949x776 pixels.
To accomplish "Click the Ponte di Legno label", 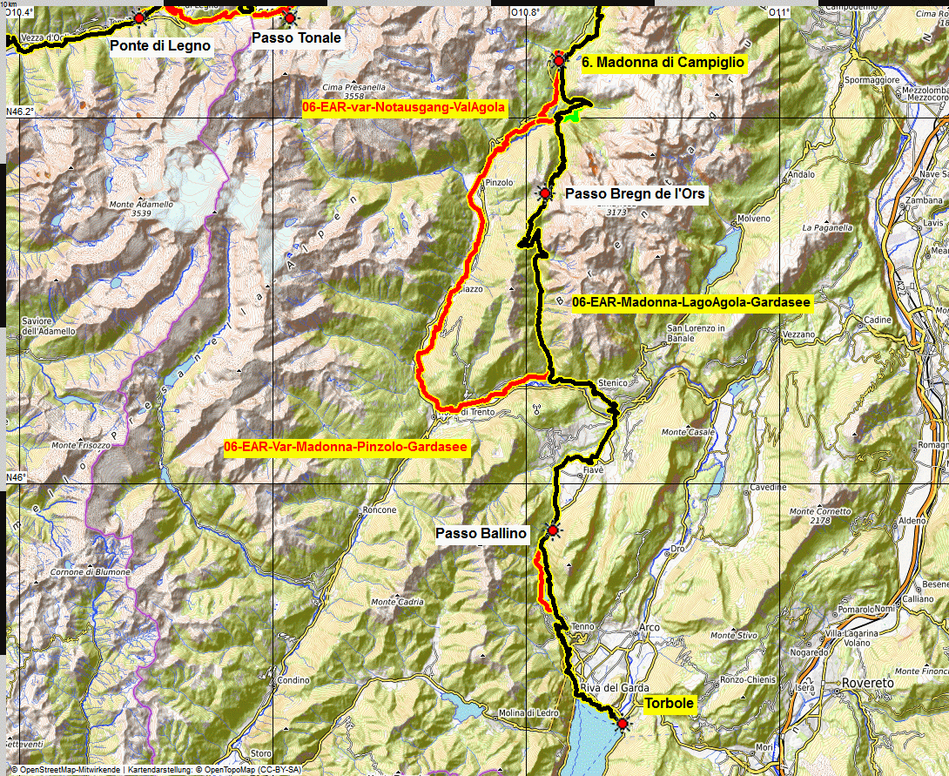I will pos(161,45).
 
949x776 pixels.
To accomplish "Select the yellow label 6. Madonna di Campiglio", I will pos(663,62).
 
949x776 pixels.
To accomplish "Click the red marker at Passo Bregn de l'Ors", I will pos(545,193).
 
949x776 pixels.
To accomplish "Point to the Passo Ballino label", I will pos(481,533).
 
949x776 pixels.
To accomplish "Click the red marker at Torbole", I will pos(623,724).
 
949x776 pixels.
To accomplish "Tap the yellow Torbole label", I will pos(670,705).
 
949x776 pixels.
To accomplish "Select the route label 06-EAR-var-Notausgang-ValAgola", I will pos(404,106).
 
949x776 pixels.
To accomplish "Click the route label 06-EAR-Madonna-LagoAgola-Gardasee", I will pos(692,302).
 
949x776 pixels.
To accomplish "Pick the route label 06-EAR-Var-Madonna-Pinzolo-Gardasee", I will pos(346,447).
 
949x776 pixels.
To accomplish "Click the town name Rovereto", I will pos(871,684).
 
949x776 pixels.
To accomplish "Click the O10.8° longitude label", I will pos(526,12).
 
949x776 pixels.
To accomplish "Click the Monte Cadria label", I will pos(398,602).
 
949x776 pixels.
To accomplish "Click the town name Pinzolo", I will pos(499,183).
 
